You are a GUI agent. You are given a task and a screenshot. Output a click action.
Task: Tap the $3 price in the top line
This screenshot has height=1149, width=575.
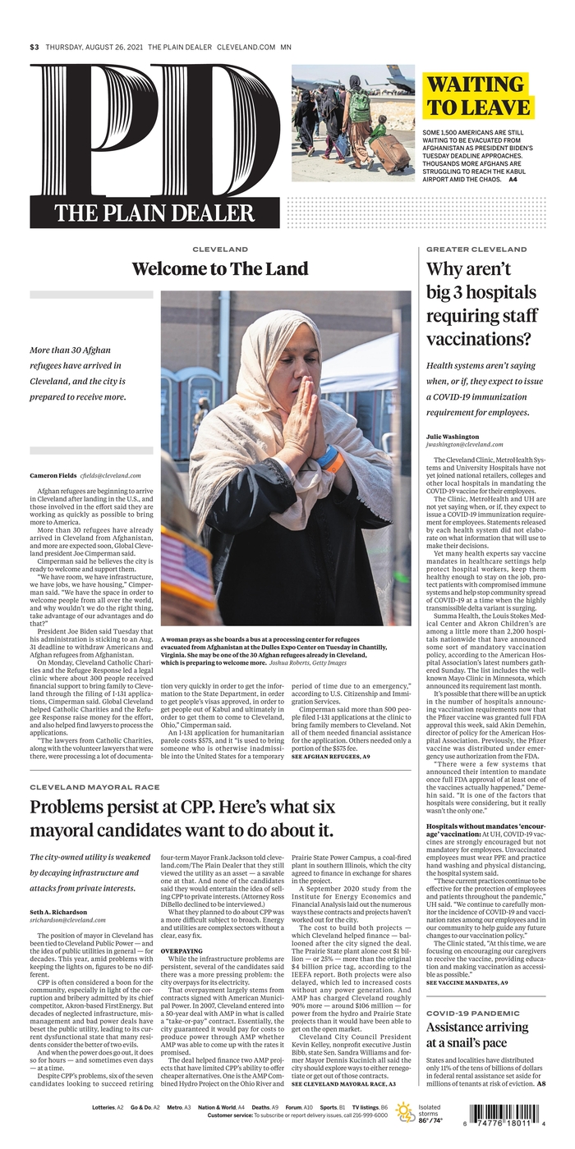pos(34,48)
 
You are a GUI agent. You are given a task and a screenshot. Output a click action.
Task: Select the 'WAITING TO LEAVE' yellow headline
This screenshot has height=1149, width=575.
pos(477,96)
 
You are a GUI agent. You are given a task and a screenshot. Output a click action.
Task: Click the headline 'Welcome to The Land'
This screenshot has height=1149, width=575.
pos(220,268)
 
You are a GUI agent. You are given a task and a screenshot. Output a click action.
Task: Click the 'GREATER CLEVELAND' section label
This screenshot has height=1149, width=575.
pos(476,249)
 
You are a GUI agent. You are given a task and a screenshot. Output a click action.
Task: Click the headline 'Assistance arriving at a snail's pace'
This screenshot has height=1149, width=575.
pos(477,1037)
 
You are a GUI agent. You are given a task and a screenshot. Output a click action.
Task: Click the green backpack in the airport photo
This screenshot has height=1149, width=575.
pos(359,105)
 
